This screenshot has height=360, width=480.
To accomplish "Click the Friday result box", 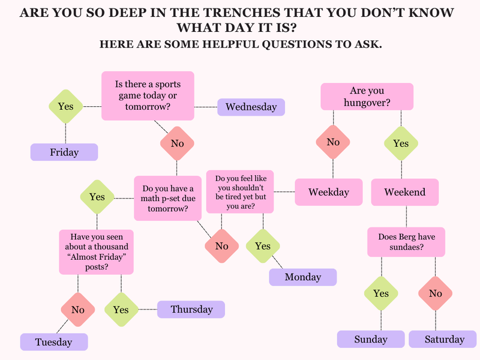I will (64, 152).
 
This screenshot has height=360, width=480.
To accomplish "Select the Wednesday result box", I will (251, 107).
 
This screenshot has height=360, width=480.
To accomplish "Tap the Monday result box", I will (302, 277).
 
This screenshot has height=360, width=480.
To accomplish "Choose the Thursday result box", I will (191, 310).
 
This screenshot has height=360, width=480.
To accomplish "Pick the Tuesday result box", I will (53, 342).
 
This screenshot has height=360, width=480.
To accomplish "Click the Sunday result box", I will (370, 339).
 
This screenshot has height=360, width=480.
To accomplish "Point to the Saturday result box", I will (444, 339).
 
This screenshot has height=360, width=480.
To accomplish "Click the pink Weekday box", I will (328, 192).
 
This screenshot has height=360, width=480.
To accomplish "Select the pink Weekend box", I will (404, 192).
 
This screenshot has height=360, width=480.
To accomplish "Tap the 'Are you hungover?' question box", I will (367, 97).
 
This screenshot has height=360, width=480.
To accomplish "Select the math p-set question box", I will (167, 198).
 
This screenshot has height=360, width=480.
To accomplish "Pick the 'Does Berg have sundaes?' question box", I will (406, 242).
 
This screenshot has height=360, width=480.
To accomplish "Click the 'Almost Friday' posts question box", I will (95, 251).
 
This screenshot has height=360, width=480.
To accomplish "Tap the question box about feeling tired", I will (240, 192).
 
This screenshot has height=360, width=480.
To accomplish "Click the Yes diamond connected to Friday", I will (65, 106).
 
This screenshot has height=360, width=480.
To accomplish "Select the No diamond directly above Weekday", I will (333, 142).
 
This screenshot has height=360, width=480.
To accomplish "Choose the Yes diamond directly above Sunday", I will (380, 293).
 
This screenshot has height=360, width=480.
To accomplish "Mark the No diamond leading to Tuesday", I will (77, 310).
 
